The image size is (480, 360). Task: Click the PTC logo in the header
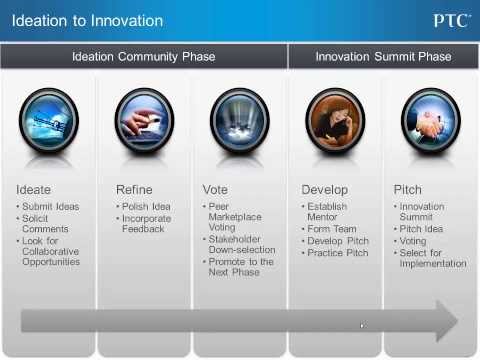pyautogui.click(x=451, y=20)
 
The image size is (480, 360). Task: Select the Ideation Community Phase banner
pyautogui.click(x=143, y=57)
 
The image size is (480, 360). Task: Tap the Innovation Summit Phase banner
pyautogui.click(x=383, y=57)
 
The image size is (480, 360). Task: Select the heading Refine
pyautogui.click(x=134, y=189)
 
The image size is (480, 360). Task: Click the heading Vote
pyautogui.click(x=217, y=189)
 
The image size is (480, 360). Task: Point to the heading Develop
pyautogui.click(x=325, y=189)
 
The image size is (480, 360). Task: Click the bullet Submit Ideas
pyautogui.click(x=48, y=207)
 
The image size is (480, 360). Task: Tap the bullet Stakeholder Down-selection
pyautogui.click(x=242, y=245)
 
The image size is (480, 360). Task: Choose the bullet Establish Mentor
pyautogui.click(x=332, y=213)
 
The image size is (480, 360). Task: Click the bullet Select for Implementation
pyautogui.click(x=432, y=258)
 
